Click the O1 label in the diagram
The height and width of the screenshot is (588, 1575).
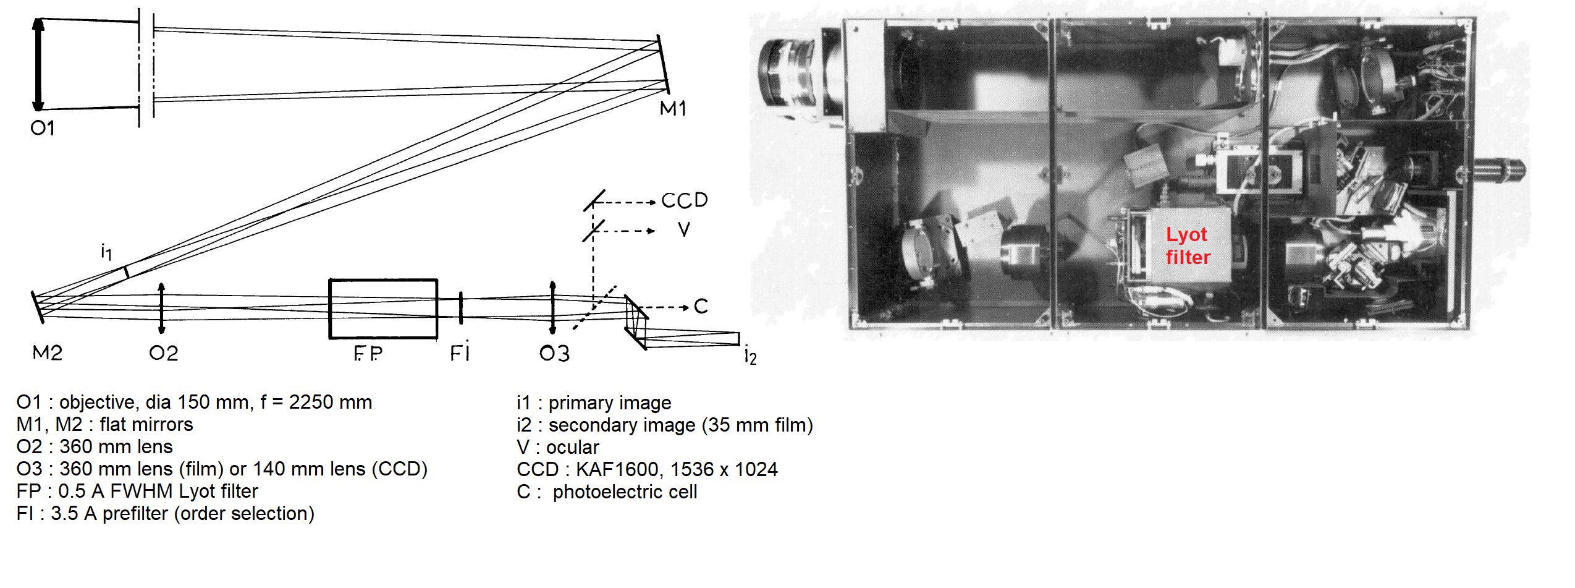43,128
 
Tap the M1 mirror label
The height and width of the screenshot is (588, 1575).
673,109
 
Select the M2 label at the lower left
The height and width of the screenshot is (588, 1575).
48,353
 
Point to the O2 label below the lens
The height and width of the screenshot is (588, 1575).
164,353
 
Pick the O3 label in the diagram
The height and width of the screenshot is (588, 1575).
554,353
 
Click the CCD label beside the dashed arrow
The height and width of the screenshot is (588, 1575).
685,200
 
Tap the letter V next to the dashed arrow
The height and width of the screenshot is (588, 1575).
683,230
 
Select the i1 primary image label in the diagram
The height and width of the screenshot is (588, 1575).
106,252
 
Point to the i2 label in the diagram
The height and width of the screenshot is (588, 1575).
750,356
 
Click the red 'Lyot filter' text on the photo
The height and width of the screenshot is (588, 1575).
1188,246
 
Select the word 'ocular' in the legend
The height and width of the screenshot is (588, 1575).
573,447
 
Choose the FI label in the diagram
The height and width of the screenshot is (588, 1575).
460,352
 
